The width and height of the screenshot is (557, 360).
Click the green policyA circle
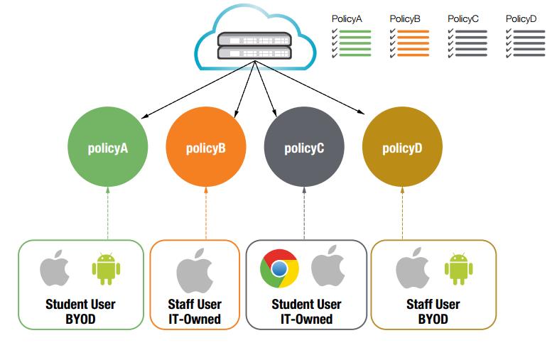pos(107,148)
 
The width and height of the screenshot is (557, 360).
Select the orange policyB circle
pos(205,148)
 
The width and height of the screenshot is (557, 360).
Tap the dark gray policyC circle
pos(304,148)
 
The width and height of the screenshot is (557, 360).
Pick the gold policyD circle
pos(402,148)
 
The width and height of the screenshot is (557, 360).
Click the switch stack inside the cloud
pos(254,45)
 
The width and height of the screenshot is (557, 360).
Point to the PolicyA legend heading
pos(347,18)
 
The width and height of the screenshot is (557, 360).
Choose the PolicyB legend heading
pos(405,18)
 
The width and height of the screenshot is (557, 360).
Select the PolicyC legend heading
pos(463,18)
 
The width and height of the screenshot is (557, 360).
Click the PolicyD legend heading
pos(521,18)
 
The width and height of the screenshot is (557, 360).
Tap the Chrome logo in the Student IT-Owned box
pos(280,268)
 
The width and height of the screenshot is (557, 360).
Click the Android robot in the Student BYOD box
pos(106,269)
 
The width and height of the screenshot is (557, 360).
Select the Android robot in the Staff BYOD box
pos(459,269)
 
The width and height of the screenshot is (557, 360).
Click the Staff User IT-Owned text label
pos(195,312)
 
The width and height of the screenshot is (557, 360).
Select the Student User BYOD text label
pos(80,312)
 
